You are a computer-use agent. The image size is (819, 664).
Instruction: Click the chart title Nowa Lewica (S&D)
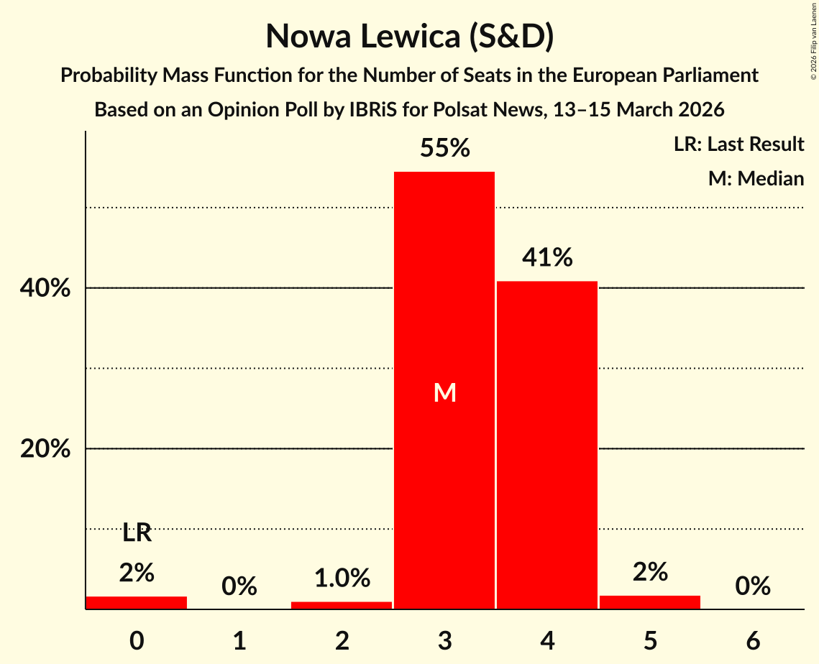point(409,36)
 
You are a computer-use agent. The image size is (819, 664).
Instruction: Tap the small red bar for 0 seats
point(137,602)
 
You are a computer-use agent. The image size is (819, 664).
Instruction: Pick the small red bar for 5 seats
point(650,602)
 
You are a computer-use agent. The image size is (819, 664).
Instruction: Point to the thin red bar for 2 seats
point(342,605)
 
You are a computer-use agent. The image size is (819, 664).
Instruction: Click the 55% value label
point(445,148)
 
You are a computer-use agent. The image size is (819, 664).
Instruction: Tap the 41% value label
point(547,257)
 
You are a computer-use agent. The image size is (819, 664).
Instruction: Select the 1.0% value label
point(342,578)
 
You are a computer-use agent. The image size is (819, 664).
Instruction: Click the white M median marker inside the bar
point(445,392)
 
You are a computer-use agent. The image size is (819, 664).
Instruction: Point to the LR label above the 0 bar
point(137,533)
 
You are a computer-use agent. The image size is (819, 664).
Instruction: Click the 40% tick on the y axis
point(45,289)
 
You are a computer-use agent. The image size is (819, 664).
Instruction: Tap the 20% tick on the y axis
point(45,449)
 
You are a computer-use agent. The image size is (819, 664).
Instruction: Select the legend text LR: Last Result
point(738,144)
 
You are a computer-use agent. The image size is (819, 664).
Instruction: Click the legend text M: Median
point(756,178)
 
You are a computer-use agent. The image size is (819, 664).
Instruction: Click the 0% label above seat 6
point(753,586)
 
